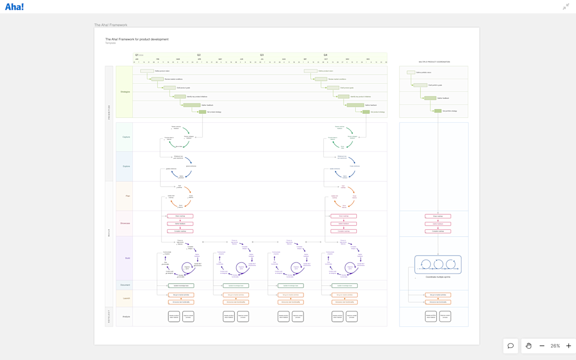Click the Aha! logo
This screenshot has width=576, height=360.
14,7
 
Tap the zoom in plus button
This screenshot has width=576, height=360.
569,346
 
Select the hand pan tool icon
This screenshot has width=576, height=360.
529,346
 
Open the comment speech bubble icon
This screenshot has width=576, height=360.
510,346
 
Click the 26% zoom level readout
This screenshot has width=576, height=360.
555,346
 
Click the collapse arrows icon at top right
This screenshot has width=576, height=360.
566,7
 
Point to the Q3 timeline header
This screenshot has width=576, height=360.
262,55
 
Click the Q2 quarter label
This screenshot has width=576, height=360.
199,55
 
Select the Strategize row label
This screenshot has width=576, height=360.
125,92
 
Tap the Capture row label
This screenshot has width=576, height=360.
126,137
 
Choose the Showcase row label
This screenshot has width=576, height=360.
125,223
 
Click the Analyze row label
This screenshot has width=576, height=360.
126,317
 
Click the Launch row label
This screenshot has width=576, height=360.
126,299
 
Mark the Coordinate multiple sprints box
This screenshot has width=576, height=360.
438,265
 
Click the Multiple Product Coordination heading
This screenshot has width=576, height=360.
434,62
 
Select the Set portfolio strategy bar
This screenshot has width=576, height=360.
438,111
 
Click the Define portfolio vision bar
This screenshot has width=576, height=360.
411,73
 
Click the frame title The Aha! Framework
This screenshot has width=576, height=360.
111,25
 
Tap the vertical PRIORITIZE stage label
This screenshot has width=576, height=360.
109,112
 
